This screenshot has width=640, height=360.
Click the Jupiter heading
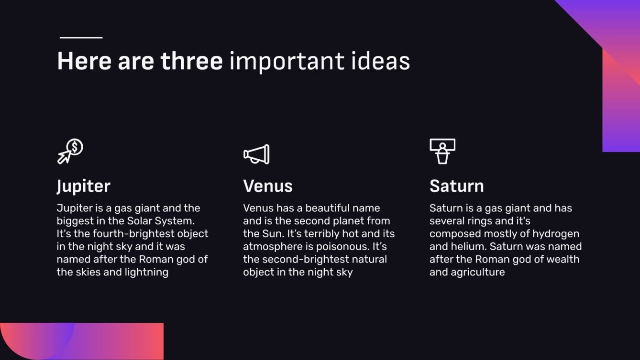[83, 186]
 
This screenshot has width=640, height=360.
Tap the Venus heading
[267, 186]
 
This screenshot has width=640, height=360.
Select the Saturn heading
[456, 186]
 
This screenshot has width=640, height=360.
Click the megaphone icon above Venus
[256, 154]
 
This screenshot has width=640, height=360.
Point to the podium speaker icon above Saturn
[442, 151]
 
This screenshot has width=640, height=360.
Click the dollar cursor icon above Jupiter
[70, 152]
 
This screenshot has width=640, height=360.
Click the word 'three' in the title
[191, 62]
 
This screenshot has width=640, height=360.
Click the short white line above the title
[81, 37]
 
